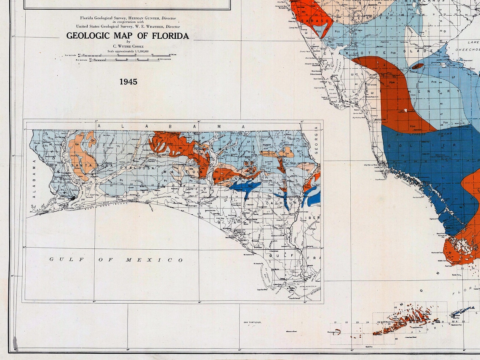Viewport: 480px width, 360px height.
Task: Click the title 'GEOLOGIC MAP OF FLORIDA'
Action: [x=127, y=36]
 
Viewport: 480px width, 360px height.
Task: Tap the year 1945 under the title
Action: [x=128, y=82]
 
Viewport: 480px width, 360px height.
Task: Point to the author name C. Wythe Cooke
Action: [x=128, y=46]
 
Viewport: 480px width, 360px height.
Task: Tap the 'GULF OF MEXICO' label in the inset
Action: [x=116, y=260]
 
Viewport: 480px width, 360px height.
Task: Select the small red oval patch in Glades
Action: [x=418, y=66]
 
